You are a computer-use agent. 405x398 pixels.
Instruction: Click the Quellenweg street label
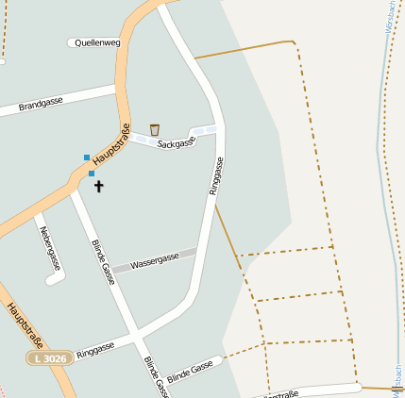coord(97,42)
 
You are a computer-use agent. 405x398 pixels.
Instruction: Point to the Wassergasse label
coord(155,260)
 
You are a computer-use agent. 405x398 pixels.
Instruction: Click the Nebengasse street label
coord(50,248)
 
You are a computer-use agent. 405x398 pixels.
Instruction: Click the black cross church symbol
coord(99,186)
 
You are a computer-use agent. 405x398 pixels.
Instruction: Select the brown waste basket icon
coord(154,129)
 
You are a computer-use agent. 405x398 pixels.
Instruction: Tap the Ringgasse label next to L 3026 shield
coord(95,349)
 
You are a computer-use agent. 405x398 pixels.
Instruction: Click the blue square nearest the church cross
coord(92,174)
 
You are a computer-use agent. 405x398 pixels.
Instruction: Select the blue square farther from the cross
coord(86,157)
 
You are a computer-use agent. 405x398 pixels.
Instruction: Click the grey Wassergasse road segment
coord(155,260)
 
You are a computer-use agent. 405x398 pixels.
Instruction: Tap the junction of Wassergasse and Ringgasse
coord(197,251)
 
